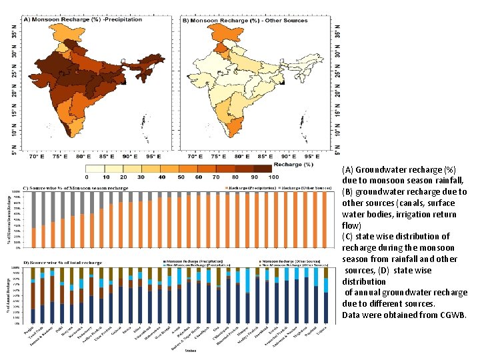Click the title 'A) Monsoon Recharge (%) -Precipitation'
(83, 20)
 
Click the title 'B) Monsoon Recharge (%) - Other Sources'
(245, 21)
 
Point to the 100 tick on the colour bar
(273, 177)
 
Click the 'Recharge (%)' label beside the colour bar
(293, 164)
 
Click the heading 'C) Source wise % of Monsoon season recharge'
(76, 188)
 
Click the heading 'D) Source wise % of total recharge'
(63, 263)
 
